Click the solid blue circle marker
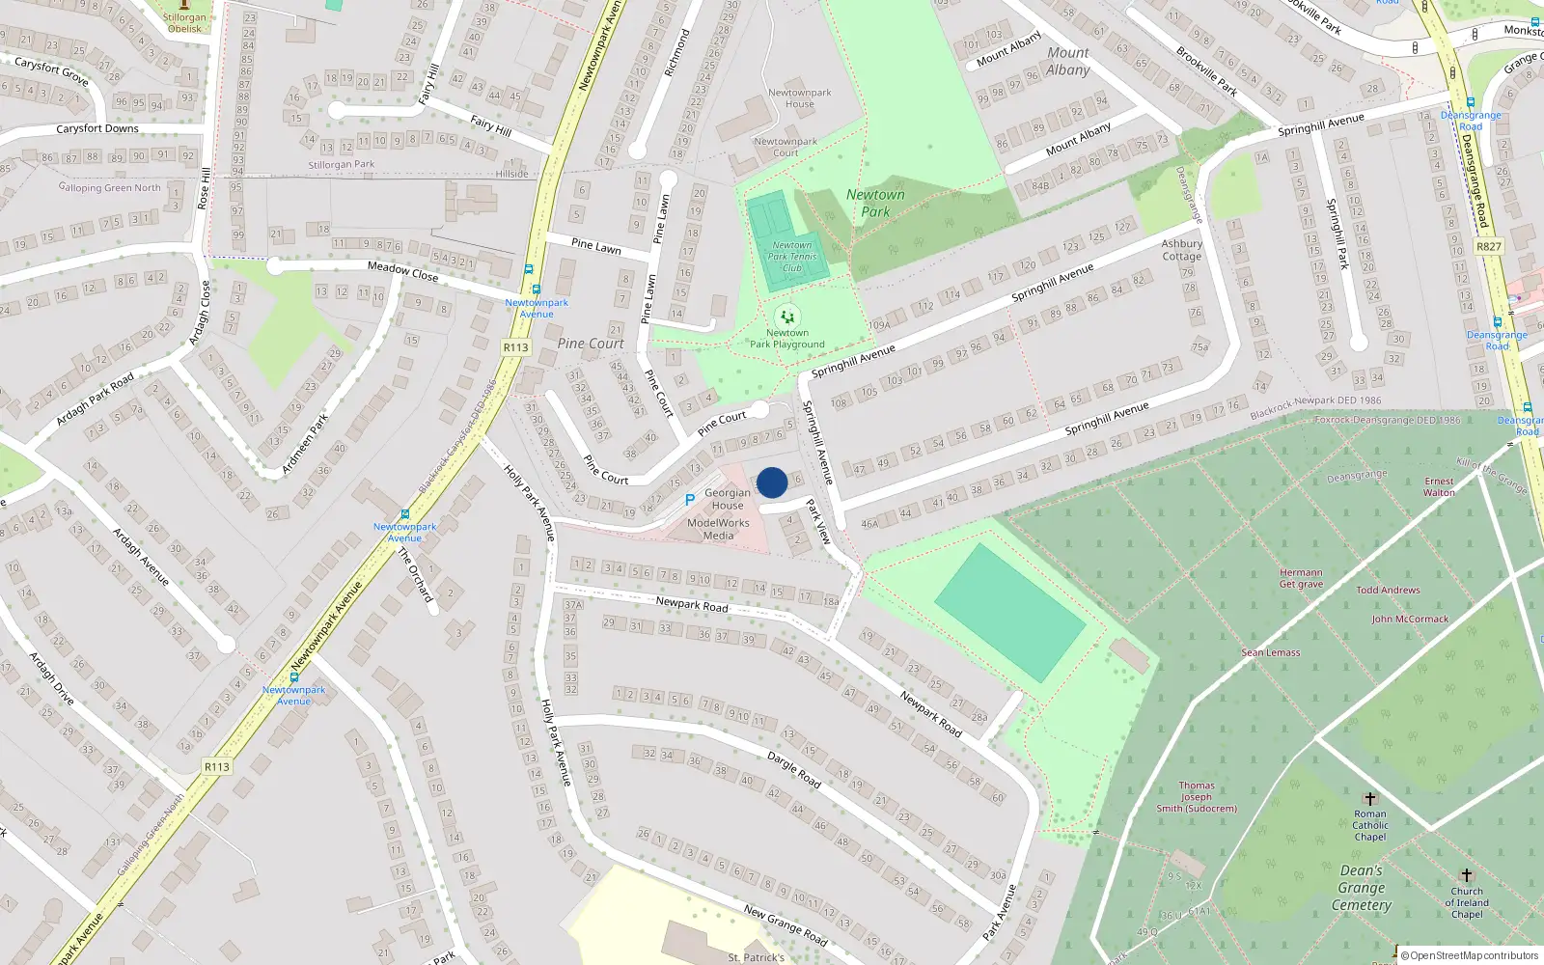click(772, 482)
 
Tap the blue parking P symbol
click(689, 500)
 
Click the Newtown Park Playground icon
click(787, 317)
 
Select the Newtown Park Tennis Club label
click(791, 257)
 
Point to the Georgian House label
click(728, 499)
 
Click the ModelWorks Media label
click(718, 529)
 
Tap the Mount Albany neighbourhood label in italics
click(1068, 61)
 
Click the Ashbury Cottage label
click(1182, 250)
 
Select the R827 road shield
click(1489, 246)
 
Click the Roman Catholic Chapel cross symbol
click(1369, 798)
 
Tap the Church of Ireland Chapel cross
click(1467, 875)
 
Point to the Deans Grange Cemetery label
click(1362, 888)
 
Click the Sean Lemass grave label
click(1271, 652)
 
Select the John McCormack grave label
click(1410, 619)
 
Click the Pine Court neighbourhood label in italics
click(591, 344)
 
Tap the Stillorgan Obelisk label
click(184, 23)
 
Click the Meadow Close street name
click(402, 271)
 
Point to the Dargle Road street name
click(793, 770)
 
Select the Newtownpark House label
click(799, 98)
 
